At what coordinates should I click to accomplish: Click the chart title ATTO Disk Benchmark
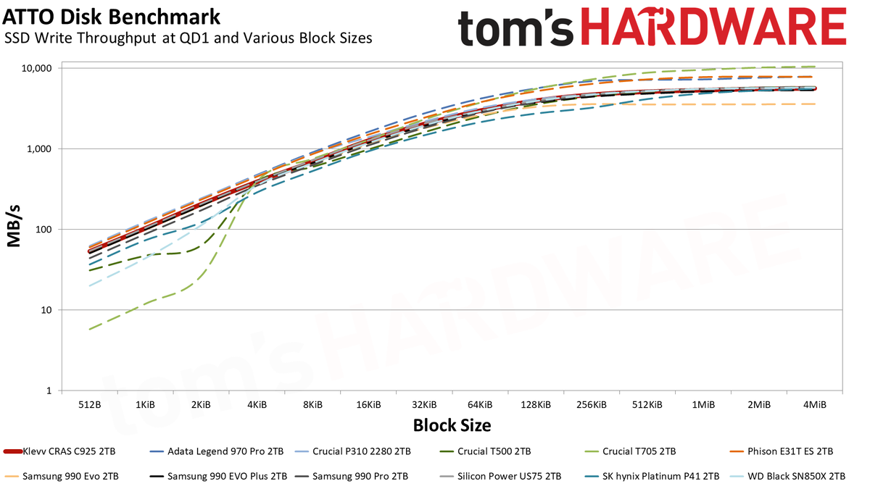point(112,17)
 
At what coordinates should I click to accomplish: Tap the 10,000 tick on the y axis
point(36,68)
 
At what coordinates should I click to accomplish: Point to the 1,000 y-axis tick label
point(39,149)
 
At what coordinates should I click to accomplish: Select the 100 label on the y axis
point(44,230)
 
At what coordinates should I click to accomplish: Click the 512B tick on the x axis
point(90,405)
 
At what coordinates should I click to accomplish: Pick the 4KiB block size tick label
point(257,405)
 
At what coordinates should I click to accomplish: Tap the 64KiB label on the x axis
point(480,405)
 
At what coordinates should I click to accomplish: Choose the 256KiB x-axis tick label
point(592,405)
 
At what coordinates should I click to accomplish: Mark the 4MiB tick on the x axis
point(814,405)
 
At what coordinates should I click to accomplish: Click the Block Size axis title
point(452,425)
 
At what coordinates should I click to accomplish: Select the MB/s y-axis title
point(14,226)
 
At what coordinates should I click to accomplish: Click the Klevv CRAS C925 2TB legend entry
point(59,451)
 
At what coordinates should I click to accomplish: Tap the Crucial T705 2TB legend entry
point(630,451)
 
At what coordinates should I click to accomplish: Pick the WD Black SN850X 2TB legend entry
point(788,476)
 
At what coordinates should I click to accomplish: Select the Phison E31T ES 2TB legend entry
point(782,451)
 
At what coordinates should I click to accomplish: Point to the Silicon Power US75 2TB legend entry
point(500,476)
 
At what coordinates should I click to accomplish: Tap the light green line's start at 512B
point(90,330)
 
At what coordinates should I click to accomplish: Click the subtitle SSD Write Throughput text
point(80,38)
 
